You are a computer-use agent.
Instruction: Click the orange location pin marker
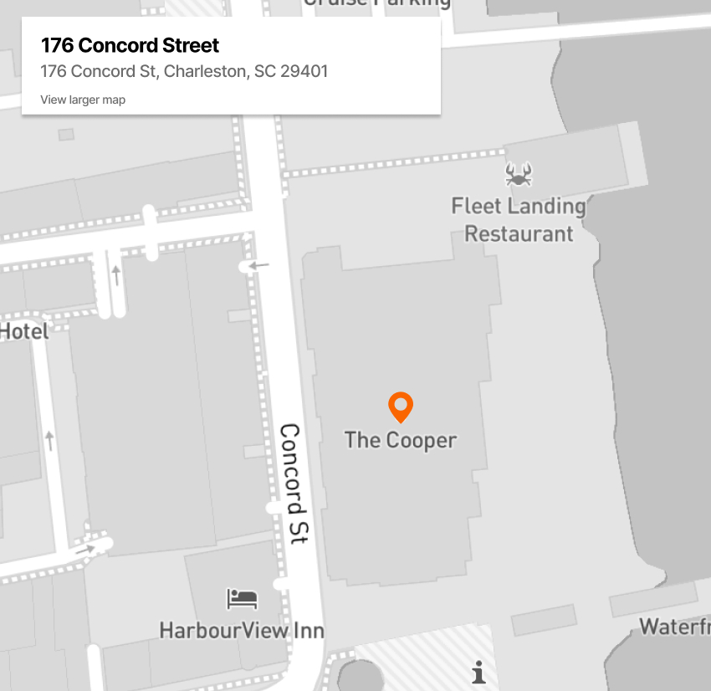coord(402,407)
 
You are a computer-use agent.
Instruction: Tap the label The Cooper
coord(401,440)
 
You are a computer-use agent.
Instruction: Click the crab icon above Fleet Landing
coord(519,174)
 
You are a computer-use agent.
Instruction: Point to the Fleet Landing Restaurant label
coord(519,219)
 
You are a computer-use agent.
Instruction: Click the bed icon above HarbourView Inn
coord(243,599)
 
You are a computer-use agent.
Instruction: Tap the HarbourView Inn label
coord(242,630)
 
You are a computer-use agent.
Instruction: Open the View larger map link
coord(83,100)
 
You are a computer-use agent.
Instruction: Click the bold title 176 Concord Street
coord(130,45)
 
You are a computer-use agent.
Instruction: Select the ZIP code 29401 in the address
coord(304,71)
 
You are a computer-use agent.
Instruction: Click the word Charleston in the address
coord(205,71)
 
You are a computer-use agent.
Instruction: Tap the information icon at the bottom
coord(478,672)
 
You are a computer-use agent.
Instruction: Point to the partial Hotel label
coord(24,331)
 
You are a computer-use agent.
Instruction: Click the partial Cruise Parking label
coord(376,3)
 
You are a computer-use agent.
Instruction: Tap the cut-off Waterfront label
coord(675,627)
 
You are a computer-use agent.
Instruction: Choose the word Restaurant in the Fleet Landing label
coord(519,233)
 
